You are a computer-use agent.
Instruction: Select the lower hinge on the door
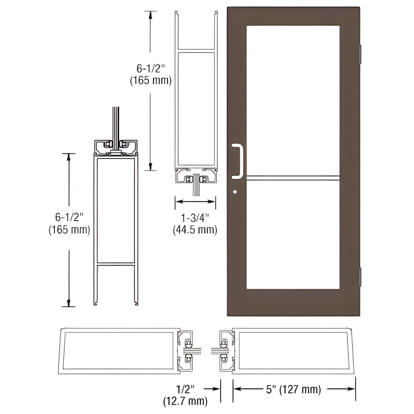tap(361, 277)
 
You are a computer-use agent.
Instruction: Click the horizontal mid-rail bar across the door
tap(293, 178)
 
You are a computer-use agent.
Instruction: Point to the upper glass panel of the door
tap(293, 100)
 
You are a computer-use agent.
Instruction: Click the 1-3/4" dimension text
tap(195, 218)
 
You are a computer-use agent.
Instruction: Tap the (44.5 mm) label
tap(195, 230)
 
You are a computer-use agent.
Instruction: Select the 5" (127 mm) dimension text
tap(294, 389)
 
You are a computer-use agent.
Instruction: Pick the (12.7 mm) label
tap(185, 401)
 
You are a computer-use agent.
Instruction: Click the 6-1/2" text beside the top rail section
tap(151, 69)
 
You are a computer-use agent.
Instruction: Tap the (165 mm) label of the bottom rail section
tap(69, 230)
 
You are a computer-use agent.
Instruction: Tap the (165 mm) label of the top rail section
tap(151, 81)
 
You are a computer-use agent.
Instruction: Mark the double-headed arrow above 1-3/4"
tap(195, 202)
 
